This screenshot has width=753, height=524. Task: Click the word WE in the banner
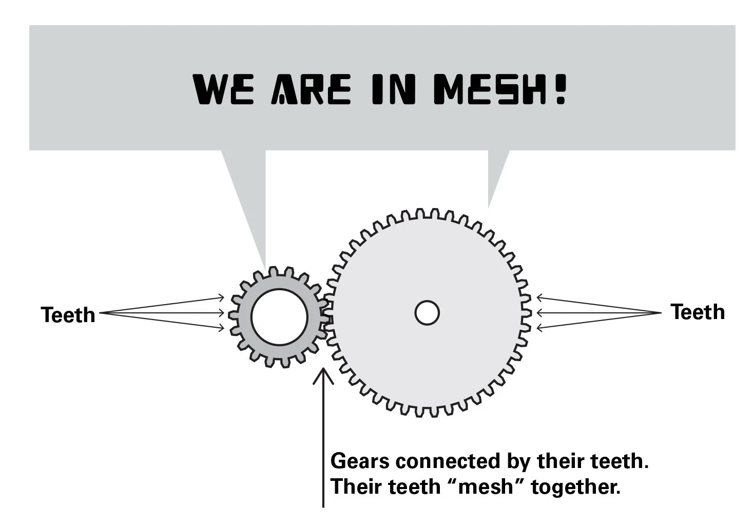(223, 89)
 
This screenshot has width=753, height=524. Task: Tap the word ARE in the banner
(311, 89)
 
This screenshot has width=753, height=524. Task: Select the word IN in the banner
(393, 89)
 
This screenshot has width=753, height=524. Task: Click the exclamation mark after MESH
(560, 89)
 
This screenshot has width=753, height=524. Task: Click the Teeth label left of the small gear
(68, 315)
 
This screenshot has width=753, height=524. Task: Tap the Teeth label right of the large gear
(698, 312)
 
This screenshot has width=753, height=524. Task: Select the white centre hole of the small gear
(279, 317)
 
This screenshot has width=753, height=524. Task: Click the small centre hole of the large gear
(427, 312)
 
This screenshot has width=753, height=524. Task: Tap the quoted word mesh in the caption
(486, 486)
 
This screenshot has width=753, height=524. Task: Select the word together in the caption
(575, 486)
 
